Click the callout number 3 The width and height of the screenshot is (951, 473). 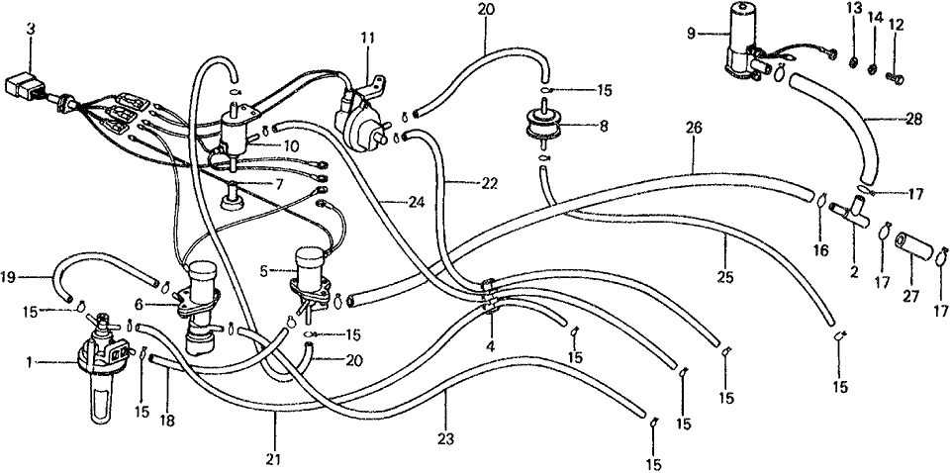click(x=31, y=29)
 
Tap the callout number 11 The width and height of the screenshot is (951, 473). click(x=367, y=39)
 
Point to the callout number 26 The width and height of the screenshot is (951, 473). click(x=693, y=130)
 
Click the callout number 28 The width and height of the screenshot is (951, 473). click(x=912, y=119)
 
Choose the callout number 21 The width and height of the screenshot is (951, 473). click(x=274, y=459)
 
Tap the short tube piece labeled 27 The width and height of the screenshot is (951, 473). click(x=910, y=243)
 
